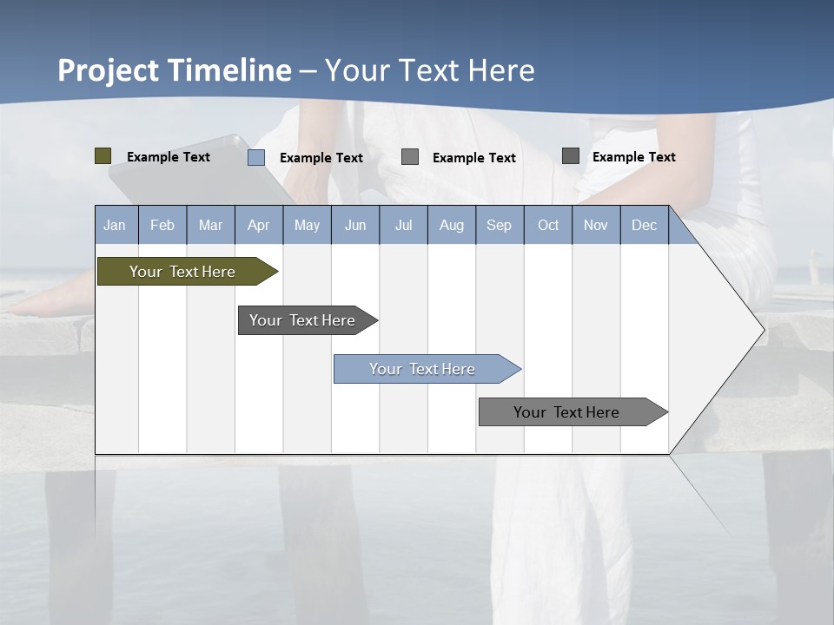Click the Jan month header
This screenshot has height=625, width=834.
click(115, 226)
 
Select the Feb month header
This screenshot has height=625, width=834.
click(162, 226)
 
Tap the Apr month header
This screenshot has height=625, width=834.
click(258, 226)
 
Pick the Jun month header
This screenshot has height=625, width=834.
click(355, 226)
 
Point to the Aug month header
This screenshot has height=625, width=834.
click(451, 226)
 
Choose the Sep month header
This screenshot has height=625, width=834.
click(499, 226)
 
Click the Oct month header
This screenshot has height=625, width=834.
click(548, 226)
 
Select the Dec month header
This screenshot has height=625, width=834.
click(644, 226)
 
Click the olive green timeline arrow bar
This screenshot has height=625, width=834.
click(182, 272)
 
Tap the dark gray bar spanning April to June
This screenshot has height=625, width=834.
click(302, 320)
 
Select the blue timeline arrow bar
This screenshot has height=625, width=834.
click(422, 369)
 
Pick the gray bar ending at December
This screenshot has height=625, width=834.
click(566, 412)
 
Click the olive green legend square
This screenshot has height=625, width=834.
click(103, 156)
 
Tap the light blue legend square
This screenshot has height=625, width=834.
click(256, 157)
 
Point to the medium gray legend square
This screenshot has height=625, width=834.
click(410, 157)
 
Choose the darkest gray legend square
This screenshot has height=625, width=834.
click(571, 156)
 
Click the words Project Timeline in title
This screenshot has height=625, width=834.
click(174, 70)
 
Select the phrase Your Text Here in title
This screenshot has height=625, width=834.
click(430, 70)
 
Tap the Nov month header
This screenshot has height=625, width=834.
click(596, 226)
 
